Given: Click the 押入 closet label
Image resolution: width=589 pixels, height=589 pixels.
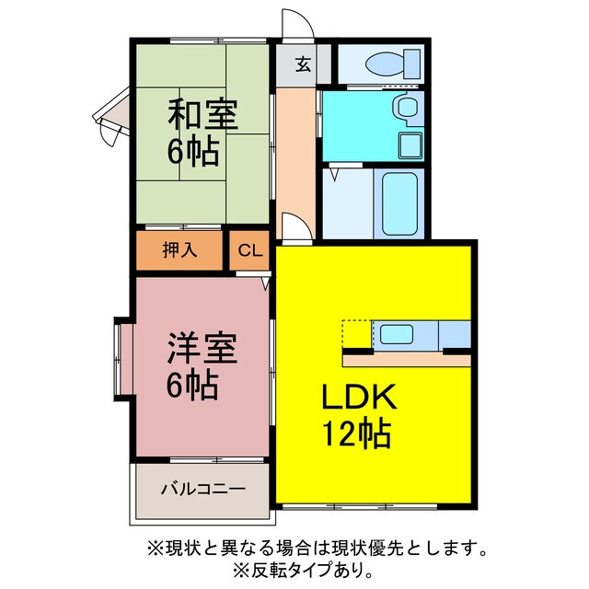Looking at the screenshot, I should click(179, 250).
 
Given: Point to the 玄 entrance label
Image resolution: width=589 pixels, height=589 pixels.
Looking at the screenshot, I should click(302, 64).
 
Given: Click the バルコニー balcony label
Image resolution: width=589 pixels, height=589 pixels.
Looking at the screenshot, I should click(203, 488).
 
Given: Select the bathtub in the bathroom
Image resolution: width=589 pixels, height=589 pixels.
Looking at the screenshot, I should click(400, 202).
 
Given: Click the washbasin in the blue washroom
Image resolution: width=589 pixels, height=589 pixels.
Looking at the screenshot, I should click(406, 108).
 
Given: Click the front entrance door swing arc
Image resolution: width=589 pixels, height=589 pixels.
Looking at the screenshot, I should click(297, 24).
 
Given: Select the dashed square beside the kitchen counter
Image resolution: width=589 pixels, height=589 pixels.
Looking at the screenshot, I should click(355, 332).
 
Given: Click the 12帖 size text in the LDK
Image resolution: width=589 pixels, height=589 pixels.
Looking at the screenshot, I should click(357, 432).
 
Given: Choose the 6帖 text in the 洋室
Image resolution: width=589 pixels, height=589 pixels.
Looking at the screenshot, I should click(192, 384).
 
